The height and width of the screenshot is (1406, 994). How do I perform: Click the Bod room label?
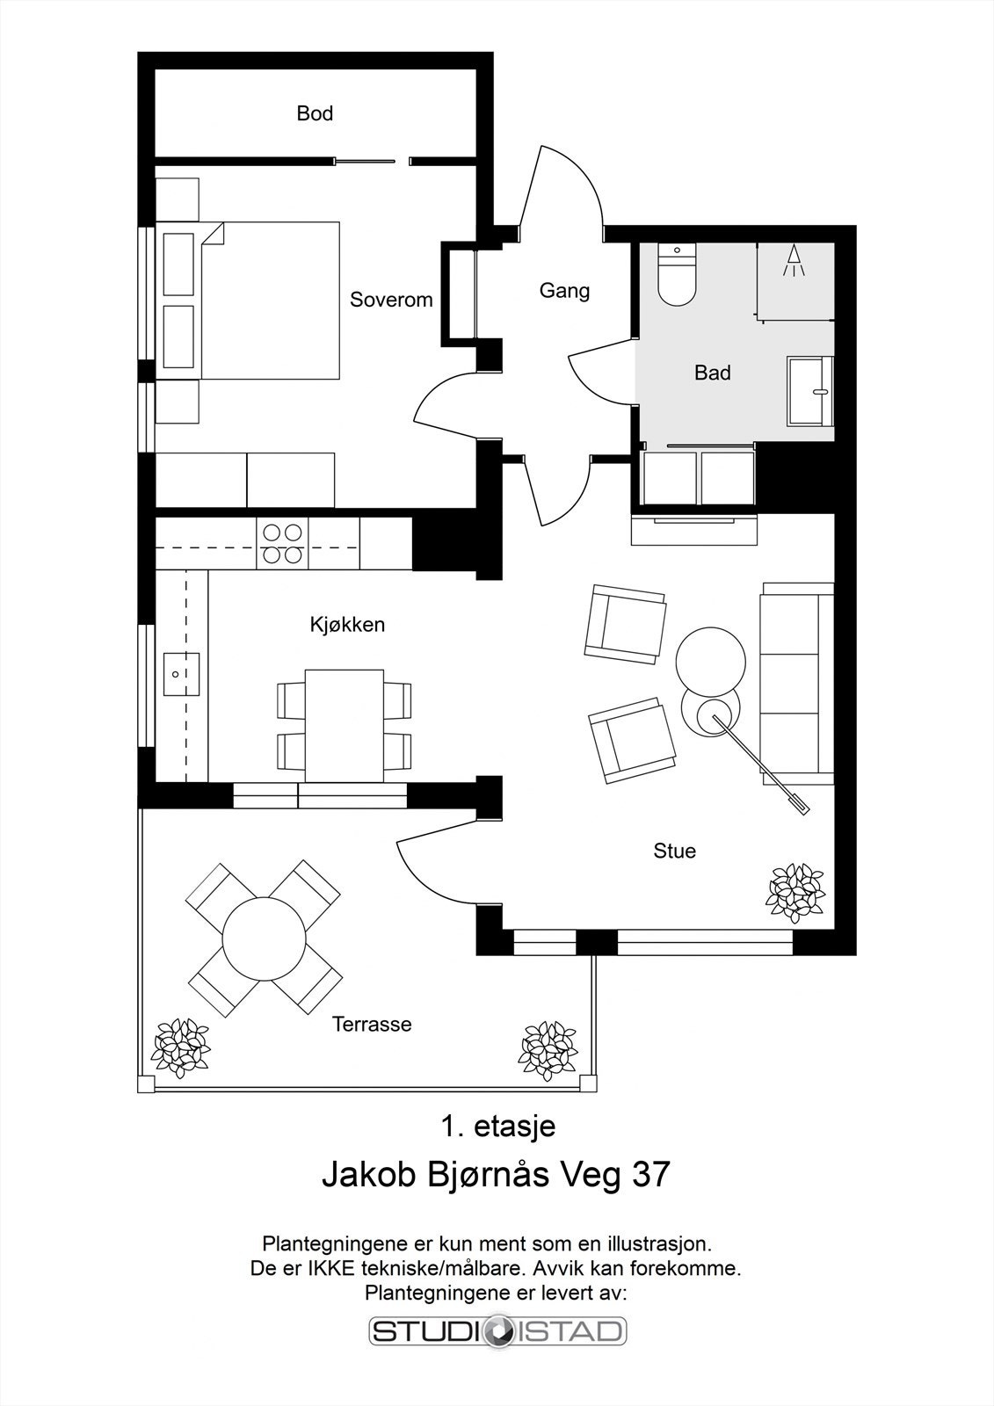pyautogui.click(x=315, y=113)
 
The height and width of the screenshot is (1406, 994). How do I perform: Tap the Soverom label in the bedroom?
pyautogui.click(x=391, y=300)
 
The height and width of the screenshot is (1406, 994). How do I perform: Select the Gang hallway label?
pyautogui.click(x=564, y=291)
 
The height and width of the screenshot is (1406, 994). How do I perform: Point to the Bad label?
pyautogui.click(x=713, y=373)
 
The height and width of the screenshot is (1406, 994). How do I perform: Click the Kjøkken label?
pyautogui.click(x=347, y=625)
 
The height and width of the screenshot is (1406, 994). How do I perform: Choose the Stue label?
pyautogui.click(x=674, y=852)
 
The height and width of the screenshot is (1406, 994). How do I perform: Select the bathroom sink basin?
pyautogui.click(x=810, y=391)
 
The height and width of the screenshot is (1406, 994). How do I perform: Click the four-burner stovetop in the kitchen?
pyautogui.click(x=283, y=544)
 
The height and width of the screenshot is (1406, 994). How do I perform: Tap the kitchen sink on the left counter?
pyautogui.click(x=181, y=674)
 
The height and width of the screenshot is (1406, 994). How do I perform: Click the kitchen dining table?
pyautogui.click(x=345, y=726)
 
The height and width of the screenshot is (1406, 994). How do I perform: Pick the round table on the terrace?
pyautogui.click(x=265, y=939)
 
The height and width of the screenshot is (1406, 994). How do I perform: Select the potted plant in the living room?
pyautogui.click(x=794, y=893)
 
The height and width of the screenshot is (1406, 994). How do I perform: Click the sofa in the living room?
pyautogui.click(x=797, y=684)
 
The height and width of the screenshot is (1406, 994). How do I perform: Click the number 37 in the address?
pyautogui.click(x=651, y=1174)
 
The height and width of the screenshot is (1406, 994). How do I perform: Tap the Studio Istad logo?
pyautogui.click(x=498, y=1330)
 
